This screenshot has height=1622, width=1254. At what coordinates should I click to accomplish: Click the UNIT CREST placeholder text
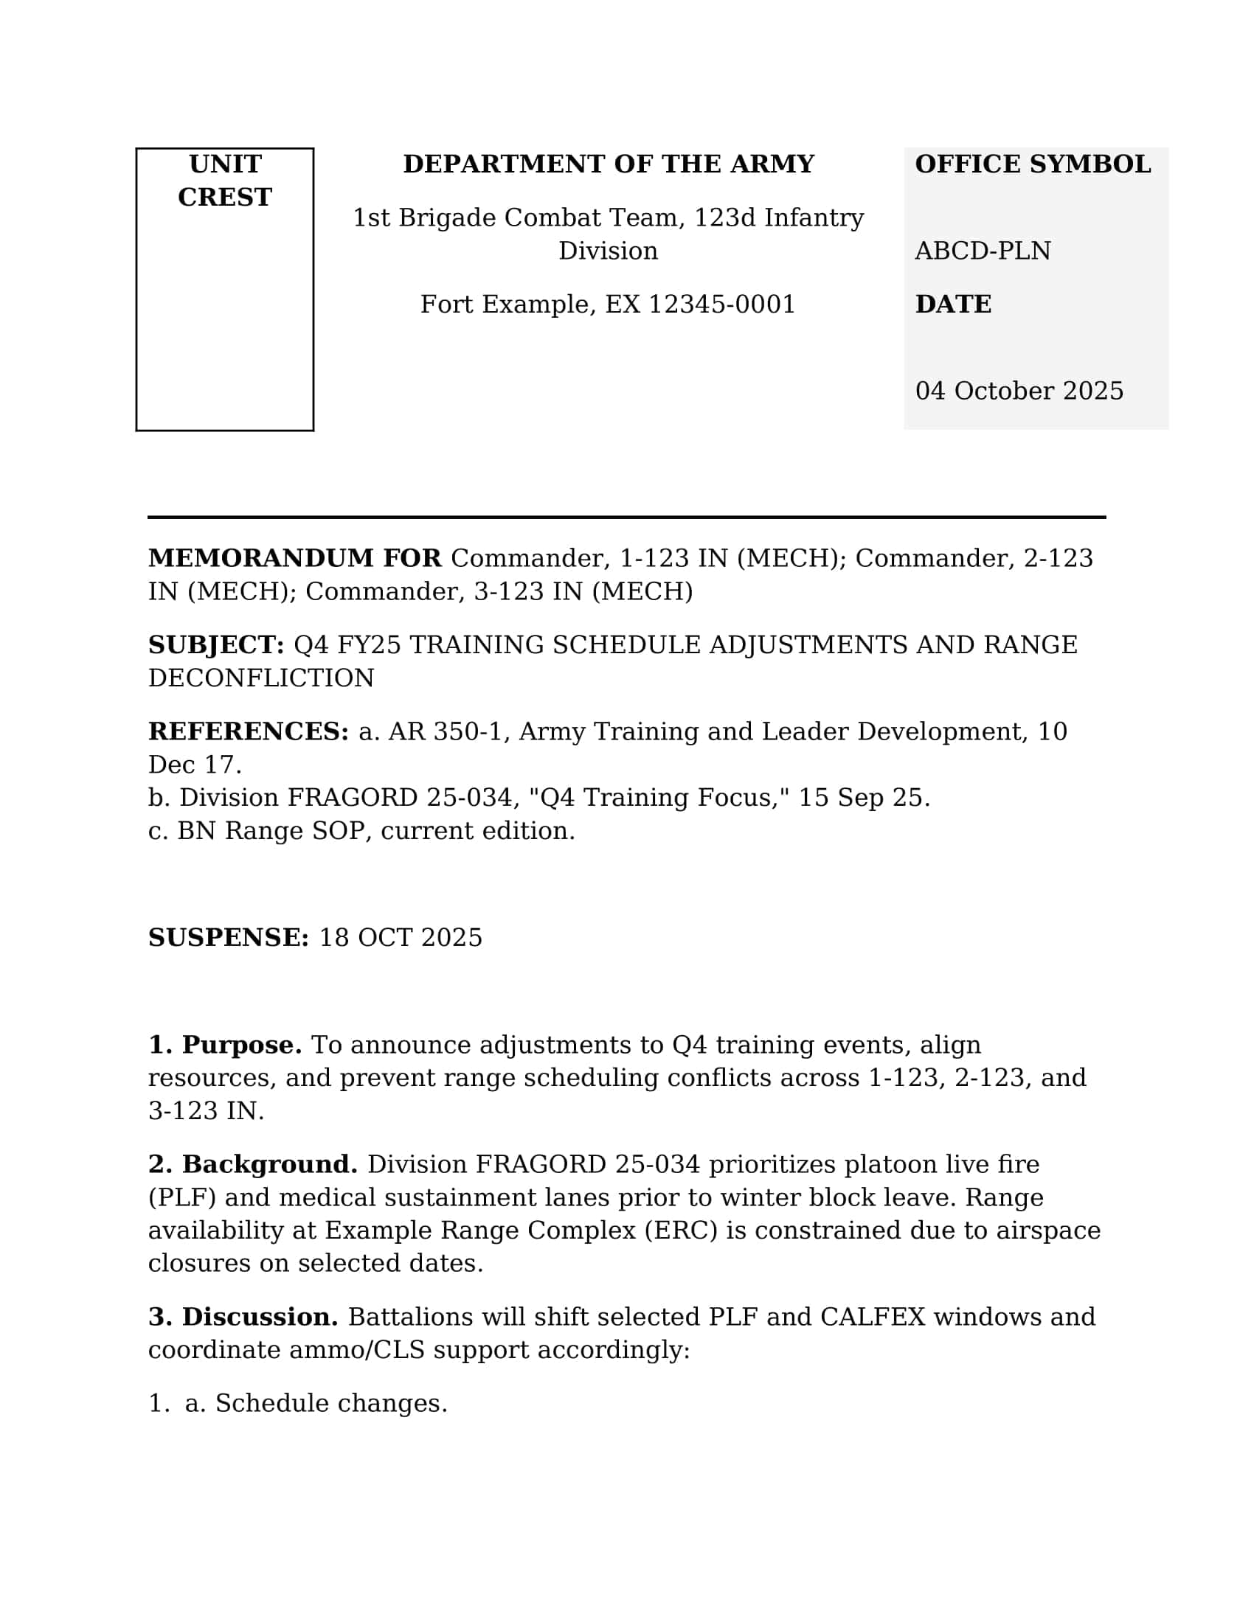pos(224,181)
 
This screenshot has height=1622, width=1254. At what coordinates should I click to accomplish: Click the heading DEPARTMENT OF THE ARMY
pos(608,164)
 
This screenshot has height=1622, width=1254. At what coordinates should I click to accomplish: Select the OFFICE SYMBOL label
pos(1032,164)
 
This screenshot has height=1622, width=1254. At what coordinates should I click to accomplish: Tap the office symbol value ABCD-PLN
pos(982,251)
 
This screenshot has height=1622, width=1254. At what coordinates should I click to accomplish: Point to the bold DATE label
pos(952,304)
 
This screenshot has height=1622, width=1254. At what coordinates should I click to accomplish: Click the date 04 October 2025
pos(1019,391)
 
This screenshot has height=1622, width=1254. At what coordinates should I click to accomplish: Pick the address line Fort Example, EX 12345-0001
pos(607,304)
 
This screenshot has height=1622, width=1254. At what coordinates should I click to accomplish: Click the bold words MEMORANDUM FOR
pos(294,559)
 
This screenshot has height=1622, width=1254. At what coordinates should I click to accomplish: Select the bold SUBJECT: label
pos(215,645)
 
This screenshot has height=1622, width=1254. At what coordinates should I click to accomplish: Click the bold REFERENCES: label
pos(248,732)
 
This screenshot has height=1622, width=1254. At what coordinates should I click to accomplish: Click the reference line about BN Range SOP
pos(361,831)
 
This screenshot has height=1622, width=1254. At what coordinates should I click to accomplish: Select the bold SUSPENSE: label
pos(228,938)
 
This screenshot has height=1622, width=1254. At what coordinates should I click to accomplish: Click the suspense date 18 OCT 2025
pos(401,938)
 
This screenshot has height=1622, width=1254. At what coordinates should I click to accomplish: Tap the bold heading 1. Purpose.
pos(224,1045)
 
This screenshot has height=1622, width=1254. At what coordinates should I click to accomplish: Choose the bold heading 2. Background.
pos(252,1164)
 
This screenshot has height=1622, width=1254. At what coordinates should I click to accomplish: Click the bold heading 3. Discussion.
pos(243,1317)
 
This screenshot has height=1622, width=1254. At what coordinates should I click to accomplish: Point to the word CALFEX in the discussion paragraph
pos(872,1317)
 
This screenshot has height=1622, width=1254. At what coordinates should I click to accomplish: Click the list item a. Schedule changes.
pos(316,1404)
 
